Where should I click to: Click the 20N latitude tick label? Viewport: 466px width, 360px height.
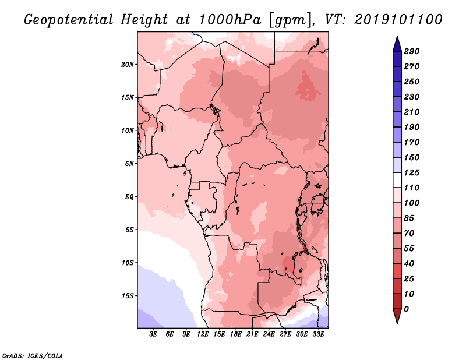128,65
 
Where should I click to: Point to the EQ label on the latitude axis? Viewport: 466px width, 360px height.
129,197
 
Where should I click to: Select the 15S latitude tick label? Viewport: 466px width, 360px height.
128,296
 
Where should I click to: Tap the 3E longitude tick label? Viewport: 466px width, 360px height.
153,334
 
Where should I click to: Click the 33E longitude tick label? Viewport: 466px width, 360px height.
318,334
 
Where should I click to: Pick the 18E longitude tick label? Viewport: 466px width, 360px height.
236,334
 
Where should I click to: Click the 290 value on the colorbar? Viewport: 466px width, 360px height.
412,51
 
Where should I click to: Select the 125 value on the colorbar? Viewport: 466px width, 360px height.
412,172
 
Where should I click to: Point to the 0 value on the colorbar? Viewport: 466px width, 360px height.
406,309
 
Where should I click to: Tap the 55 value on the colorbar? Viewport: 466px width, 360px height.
409,249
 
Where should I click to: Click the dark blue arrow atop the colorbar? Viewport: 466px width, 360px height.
397,44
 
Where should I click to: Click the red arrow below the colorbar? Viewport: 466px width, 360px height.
397,316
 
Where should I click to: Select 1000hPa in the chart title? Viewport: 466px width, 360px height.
230,20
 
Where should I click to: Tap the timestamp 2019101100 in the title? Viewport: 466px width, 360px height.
398,20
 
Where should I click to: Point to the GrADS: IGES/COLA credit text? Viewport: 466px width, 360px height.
33,356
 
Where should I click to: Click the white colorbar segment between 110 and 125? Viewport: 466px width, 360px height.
397,180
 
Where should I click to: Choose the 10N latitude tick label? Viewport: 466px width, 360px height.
128,130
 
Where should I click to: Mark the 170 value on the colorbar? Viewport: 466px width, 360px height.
412,142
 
